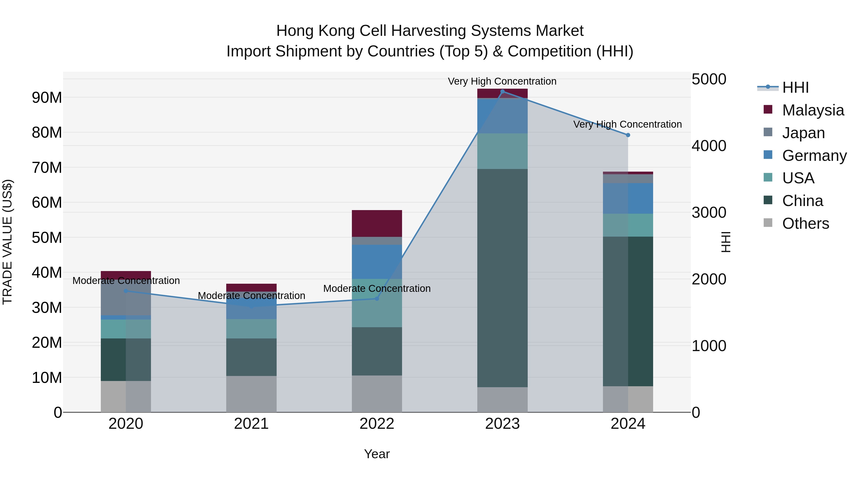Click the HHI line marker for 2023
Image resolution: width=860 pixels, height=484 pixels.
pos(502,92)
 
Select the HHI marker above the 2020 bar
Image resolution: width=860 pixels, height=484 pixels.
pos(126,291)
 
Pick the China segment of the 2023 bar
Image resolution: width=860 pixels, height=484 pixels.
pos(502,277)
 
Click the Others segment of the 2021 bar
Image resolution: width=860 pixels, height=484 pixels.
pos(251,394)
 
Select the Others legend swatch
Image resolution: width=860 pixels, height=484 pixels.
pos(768,223)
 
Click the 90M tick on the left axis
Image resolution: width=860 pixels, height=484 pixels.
pos(47,98)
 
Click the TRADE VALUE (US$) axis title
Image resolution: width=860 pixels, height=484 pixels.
pos(7,242)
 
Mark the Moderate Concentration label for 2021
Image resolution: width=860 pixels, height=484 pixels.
pos(251,296)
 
